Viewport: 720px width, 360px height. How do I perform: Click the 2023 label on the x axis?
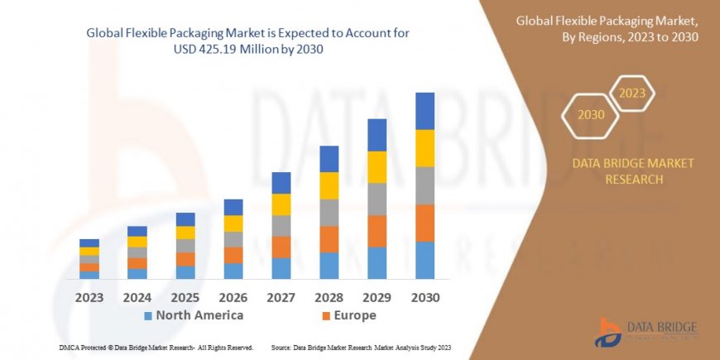point(89,297)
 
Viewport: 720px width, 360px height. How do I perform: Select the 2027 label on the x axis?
point(281,297)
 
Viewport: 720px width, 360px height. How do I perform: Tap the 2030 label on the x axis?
point(425,297)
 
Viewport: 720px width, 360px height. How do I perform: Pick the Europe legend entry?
point(348,315)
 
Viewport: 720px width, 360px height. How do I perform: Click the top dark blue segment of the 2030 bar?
point(425,111)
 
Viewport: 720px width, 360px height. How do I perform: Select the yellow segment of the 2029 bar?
point(377,167)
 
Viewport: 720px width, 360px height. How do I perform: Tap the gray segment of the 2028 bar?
point(329,213)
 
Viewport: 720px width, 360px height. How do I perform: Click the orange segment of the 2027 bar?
point(281,247)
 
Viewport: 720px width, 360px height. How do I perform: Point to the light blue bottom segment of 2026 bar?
point(233,271)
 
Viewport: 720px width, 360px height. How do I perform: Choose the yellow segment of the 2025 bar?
point(185,233)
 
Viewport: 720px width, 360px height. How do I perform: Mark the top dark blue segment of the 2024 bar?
point(137,231)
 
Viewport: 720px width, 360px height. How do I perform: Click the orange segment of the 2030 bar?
point(425,223)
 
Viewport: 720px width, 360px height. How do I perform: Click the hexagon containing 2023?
point(631,94)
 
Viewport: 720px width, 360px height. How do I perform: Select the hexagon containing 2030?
point(591,114)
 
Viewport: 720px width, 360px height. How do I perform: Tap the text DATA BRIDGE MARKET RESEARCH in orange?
point(633,171)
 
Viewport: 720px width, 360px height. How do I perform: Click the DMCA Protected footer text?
point(156,348)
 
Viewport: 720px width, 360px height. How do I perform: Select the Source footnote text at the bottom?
point(360,348)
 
